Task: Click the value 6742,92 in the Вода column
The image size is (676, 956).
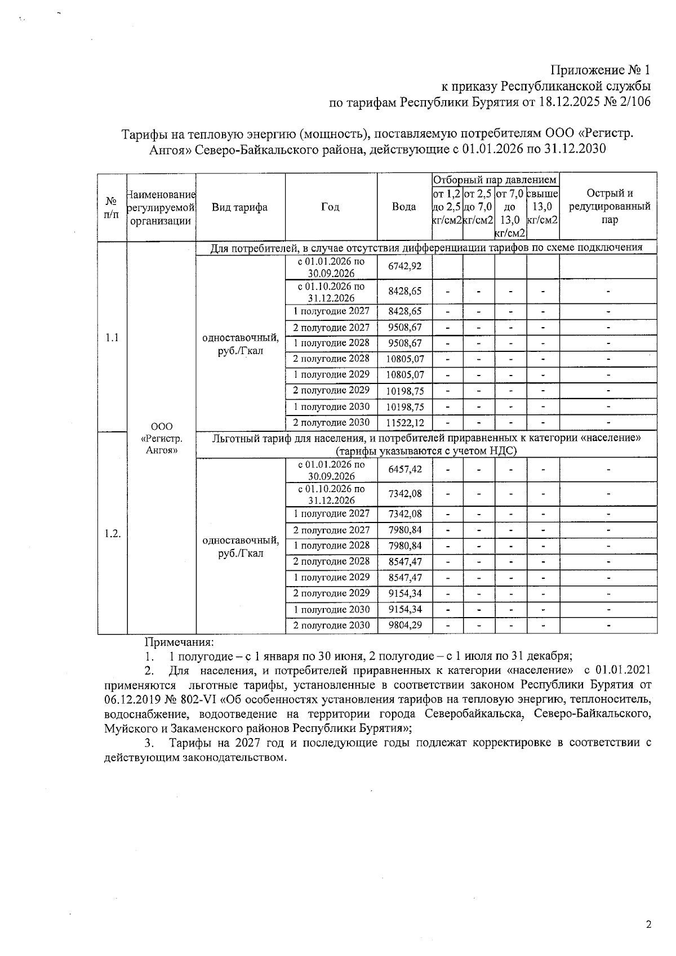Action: click(404, 266)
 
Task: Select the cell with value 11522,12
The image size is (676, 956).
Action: click(404, 422)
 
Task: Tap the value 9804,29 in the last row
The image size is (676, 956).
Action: click(404, 625)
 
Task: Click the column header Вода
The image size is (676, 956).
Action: click(404, 207)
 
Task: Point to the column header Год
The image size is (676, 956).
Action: click(330, 207)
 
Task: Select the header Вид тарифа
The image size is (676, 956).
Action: click(239, 207)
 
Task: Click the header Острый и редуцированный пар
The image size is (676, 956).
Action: click(609, 207)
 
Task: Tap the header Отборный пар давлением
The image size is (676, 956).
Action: click(495, 180)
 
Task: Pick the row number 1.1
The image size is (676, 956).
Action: click(112, 337)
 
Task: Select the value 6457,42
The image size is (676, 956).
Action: click(404, 469)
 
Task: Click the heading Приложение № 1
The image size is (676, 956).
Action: click(600, 70)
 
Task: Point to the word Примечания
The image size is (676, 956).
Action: click(179, 642)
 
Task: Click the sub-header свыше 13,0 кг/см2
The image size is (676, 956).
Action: click(542, 207)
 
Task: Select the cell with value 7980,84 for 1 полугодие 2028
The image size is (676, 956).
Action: click(404, 546)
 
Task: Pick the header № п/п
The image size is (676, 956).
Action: click(112, 207)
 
